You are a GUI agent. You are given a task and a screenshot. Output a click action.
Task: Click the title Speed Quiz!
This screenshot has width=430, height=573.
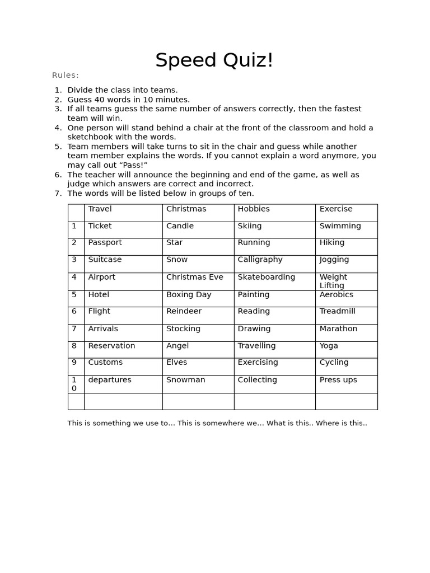coord(214,60)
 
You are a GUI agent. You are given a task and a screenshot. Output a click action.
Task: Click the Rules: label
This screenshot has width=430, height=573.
coord(66,76)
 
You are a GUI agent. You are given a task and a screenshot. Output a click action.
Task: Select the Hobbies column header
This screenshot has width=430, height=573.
coord(254,209)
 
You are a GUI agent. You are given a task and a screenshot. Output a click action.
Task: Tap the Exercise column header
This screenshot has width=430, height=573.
coord(336,209)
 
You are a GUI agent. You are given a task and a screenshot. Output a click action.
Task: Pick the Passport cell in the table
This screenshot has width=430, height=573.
coord(105,242)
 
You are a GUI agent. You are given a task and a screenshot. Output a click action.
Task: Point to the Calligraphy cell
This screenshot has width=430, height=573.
coord(260,260)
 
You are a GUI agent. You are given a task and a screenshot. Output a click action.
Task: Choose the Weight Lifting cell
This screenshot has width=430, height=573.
coord(333,281)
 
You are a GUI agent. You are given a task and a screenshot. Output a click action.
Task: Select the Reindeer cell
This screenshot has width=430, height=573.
coord(184,311)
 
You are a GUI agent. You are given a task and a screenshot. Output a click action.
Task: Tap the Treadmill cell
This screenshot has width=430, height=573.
coord(337,311)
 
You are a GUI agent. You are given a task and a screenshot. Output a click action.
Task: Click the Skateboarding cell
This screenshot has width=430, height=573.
coord(266,277)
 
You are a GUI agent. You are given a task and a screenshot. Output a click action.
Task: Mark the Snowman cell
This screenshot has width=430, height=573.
coord(185,379)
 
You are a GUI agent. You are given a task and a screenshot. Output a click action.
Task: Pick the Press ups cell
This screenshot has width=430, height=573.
coord(338,379)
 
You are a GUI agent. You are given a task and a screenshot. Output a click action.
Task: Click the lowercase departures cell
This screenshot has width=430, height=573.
coord(110,379)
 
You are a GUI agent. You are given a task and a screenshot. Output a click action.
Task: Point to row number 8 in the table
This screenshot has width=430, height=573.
coord(74,346)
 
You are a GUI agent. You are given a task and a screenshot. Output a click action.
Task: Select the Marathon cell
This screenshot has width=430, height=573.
coord(338,328)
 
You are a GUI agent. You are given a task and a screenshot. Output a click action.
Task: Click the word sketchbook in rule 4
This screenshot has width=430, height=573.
coord(91,137)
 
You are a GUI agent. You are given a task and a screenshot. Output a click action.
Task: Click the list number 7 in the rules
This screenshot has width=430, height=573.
coord(57,194)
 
